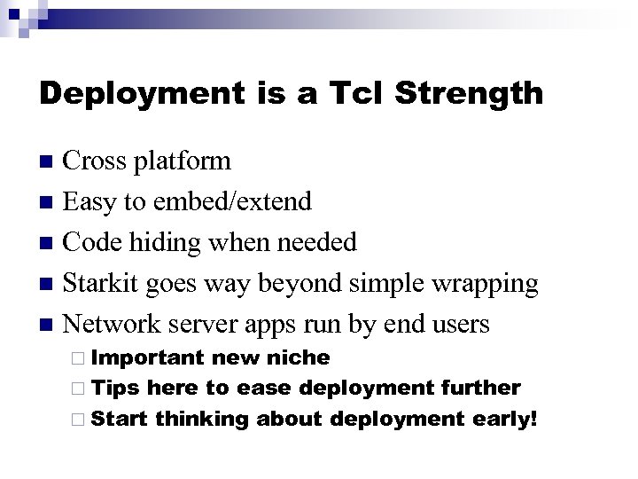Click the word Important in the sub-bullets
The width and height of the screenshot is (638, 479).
(x=146, y=357)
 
